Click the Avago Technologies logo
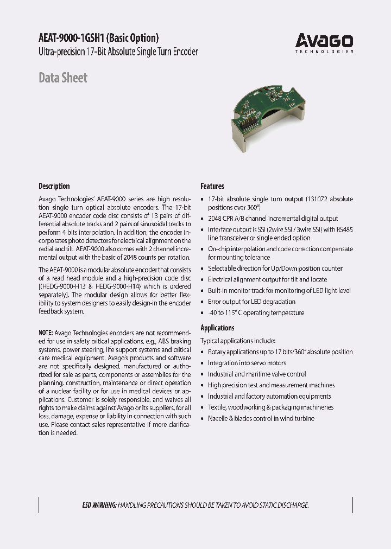pos(324,42)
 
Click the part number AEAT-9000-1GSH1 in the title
pos(70,38)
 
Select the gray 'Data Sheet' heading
pos(62,78)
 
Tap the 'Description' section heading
pos(54,186)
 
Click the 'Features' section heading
pos(212,186)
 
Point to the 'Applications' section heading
pos(217,328)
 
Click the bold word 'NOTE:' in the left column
pos(46,333)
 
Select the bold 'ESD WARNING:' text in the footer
pos(99,505)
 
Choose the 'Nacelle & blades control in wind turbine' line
pos(261,418)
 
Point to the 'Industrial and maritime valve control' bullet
pos(256,374)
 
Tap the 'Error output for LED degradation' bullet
pos(251,302)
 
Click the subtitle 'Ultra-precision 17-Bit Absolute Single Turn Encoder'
pos(118,52)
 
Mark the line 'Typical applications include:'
pos(238,341)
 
